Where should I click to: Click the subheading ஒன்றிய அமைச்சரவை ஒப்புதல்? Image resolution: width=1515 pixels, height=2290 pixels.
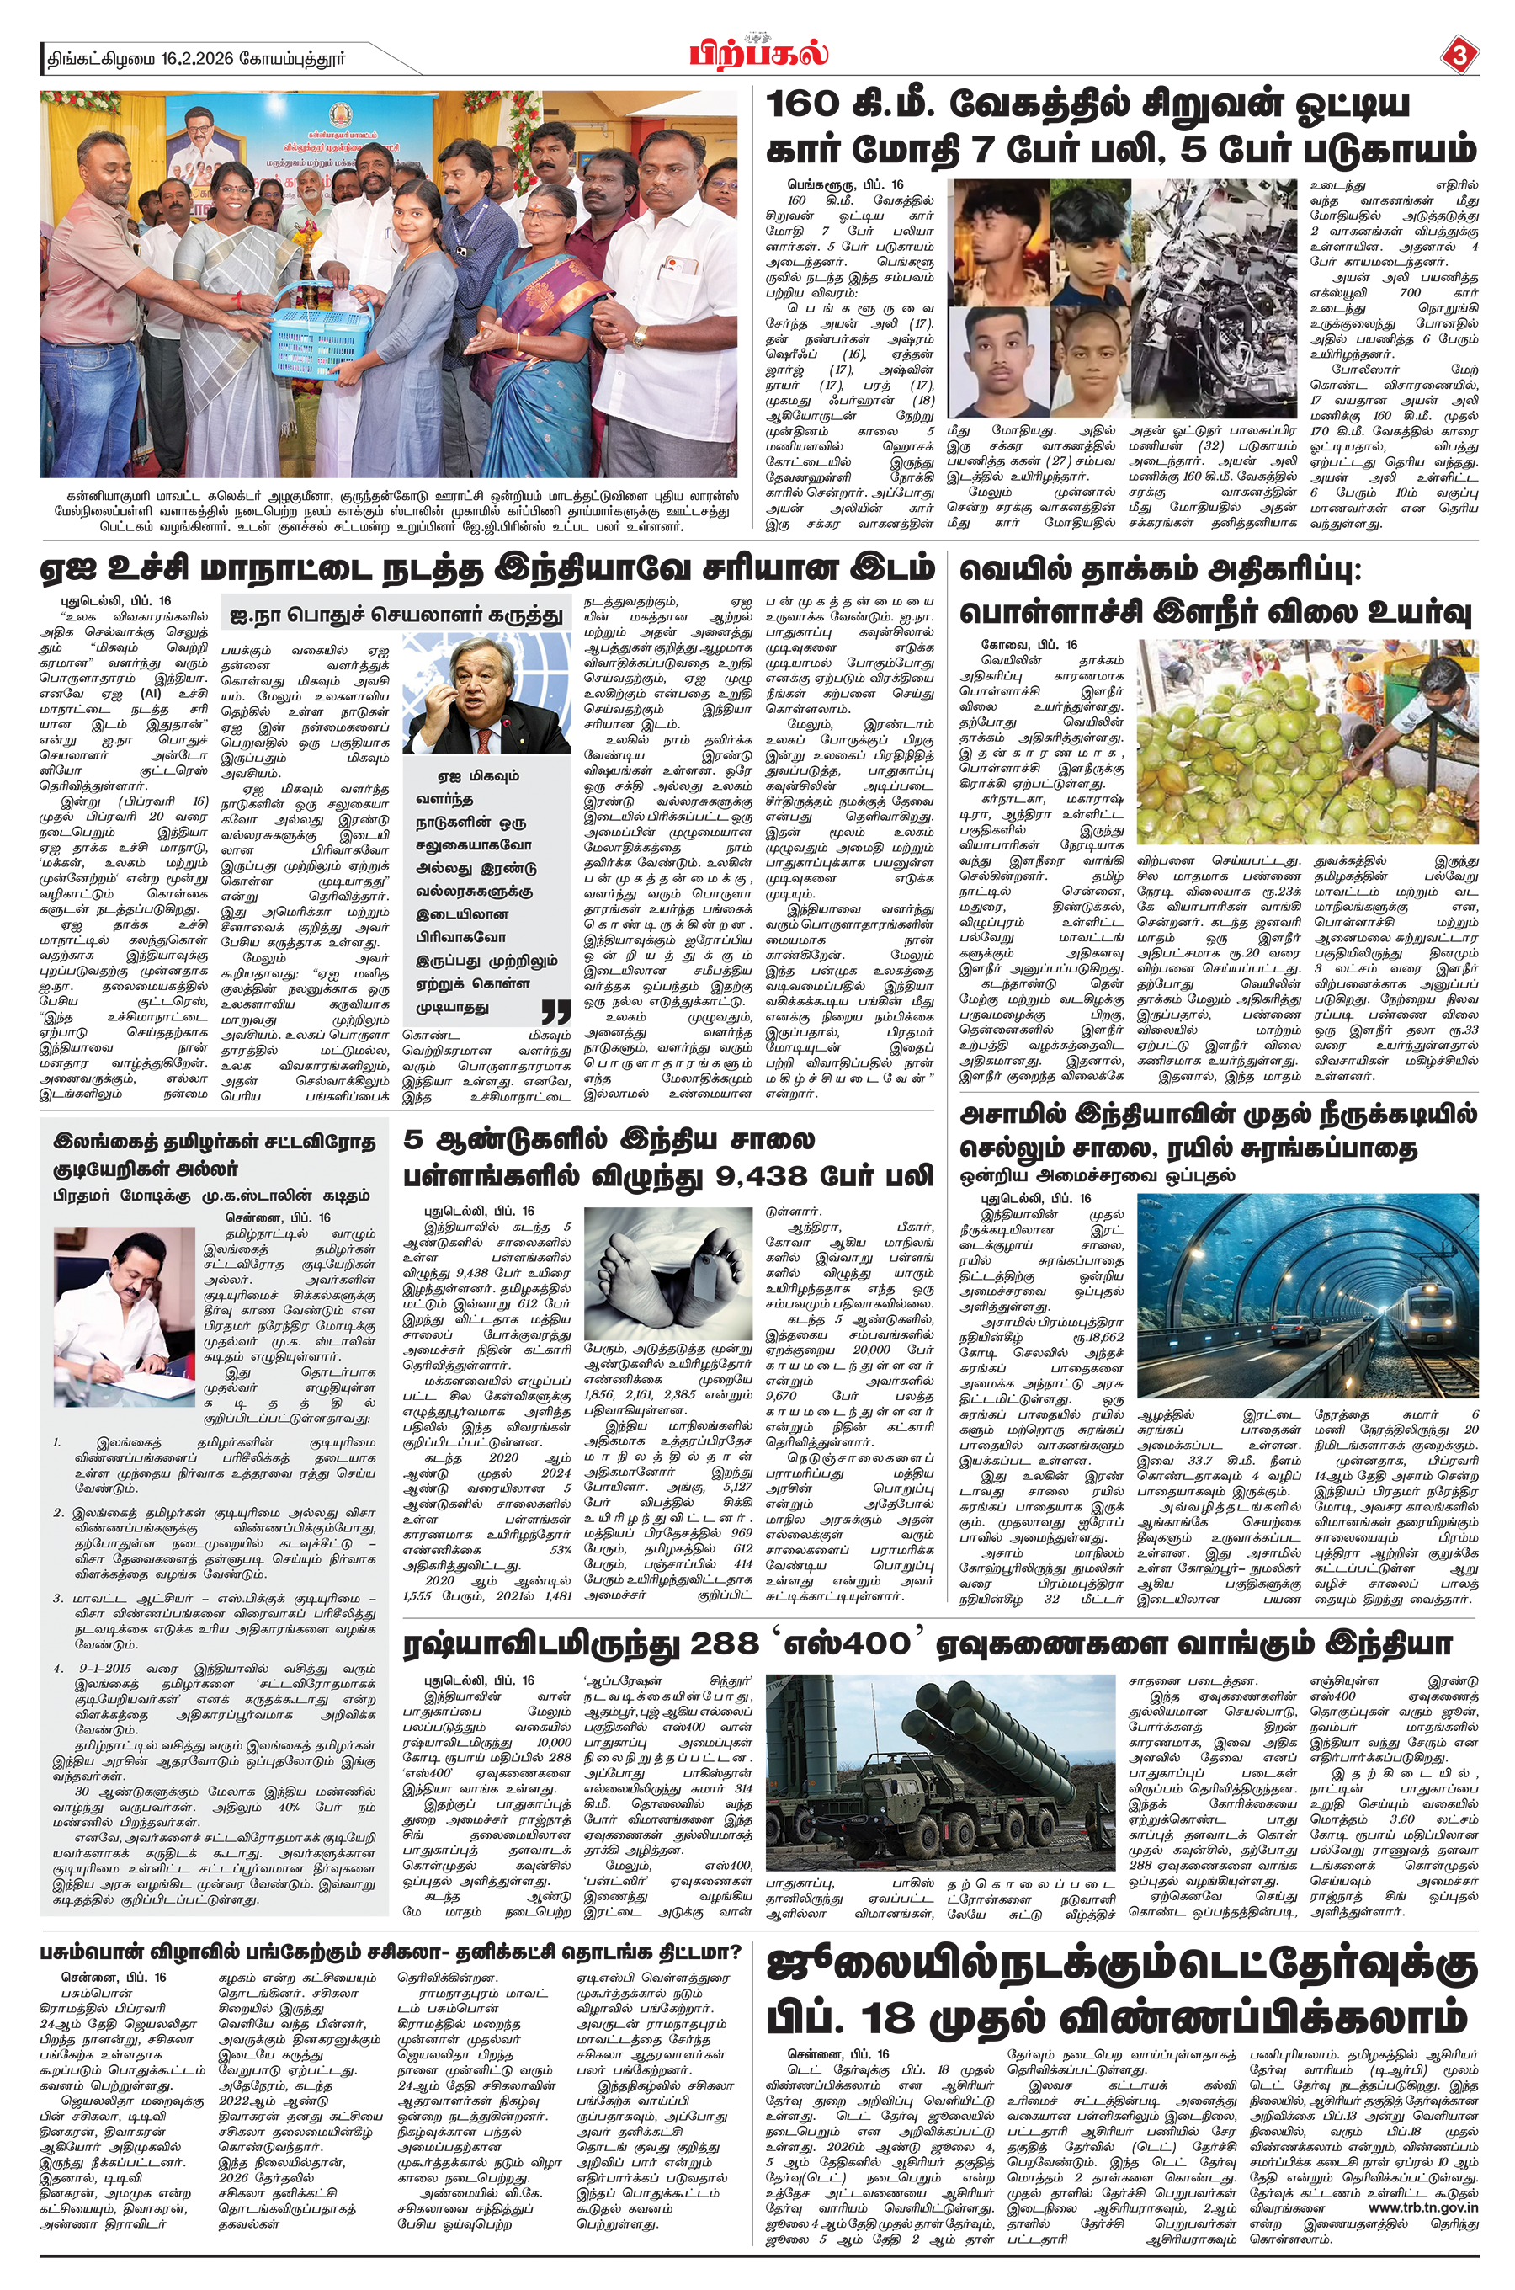coord(1097,1175)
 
